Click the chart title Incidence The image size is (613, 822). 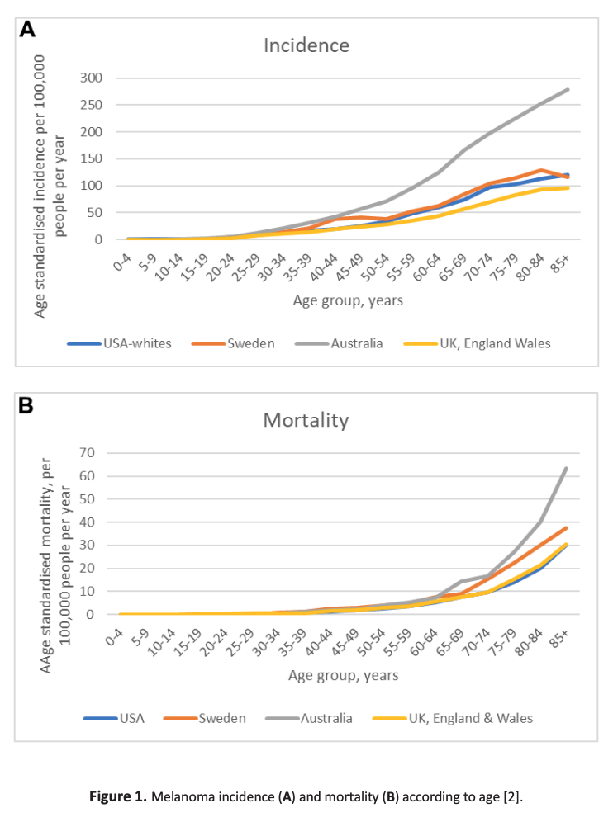306,45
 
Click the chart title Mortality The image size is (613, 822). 306,419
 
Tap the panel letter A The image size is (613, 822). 28,31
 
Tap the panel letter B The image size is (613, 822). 26,406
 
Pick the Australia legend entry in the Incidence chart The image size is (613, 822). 354,343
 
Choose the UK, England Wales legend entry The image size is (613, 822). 474,343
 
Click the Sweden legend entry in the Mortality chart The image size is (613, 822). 221,718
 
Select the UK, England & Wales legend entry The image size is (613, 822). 470,718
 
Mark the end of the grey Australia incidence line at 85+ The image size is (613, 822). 568,89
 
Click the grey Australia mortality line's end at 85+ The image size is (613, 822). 566,468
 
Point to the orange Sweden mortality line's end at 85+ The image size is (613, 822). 566,527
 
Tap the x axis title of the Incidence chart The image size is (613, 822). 348,300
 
